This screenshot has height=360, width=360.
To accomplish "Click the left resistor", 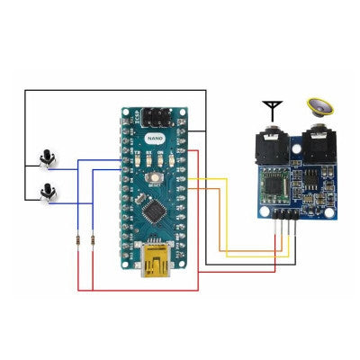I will [x=79, y=239].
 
